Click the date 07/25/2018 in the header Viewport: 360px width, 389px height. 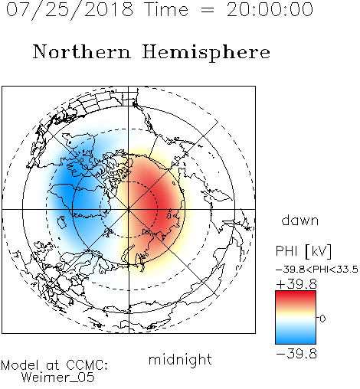pos(70,10)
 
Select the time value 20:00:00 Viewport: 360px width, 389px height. pos(270,10)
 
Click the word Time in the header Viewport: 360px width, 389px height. pos(166,10)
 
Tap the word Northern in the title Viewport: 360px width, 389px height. pos(82,51)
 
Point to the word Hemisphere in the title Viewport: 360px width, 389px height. pos(206,52)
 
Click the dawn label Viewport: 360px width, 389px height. pos(300,220)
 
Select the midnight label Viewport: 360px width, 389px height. pos(180,360)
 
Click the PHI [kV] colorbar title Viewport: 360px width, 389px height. pos(303,251)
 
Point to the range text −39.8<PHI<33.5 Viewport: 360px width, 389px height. pos(317,270)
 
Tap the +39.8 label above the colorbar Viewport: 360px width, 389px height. pos(296,284)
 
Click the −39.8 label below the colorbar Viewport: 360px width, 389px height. pos(296,354)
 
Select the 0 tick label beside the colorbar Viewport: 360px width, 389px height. pos(322,319)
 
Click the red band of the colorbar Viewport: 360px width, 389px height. pos(296,296)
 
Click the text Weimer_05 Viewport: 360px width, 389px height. pos(58,378)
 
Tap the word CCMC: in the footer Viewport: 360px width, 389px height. pos(87,365)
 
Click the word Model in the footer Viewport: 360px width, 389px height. pos(20,365)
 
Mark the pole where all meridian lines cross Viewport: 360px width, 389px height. pos(129,209)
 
